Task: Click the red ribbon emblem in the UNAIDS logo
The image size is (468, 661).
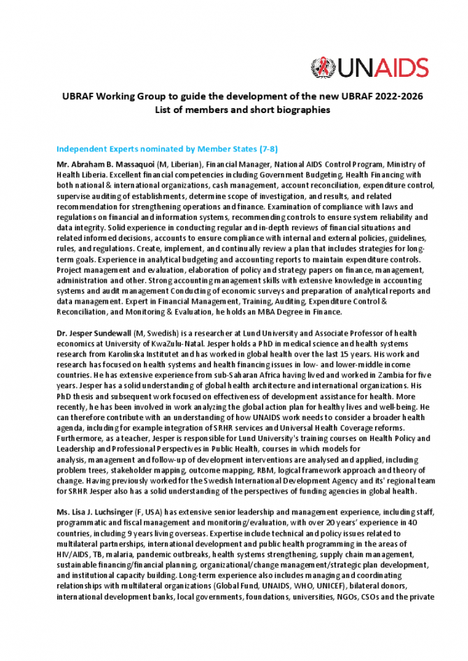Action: pyautogui.click(x=323, y=67)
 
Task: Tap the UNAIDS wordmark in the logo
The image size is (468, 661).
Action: pyautogui.click(x=383, y=68)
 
